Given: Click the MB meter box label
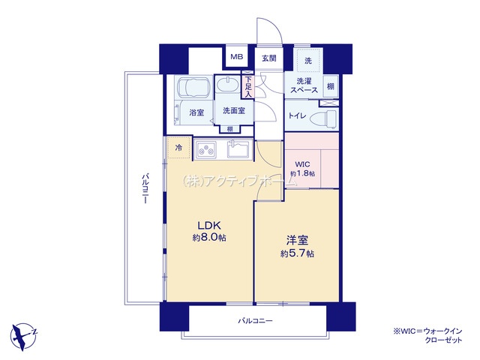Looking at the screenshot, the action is point(237,57).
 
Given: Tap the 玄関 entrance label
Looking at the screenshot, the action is point(269,58).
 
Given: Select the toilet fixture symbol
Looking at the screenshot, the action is point(323,118).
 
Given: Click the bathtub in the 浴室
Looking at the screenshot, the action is point(193,88).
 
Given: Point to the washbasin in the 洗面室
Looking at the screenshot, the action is point(227,84).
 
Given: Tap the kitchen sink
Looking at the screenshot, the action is point(239,150).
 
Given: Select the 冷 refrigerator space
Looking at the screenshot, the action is point(178,148).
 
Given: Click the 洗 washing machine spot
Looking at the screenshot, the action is point(308,60).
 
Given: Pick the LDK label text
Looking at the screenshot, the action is point(209,226).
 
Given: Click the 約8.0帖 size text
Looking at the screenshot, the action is point(209,237).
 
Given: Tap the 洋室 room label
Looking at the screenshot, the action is point(297,241).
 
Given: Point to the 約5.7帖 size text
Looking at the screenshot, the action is point(297,253).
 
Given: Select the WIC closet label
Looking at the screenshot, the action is point(302,164).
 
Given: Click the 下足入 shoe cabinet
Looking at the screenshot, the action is point(248,87).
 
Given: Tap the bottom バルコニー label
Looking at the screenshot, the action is point(255,321).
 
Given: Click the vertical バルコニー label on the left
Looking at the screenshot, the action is point(145,188).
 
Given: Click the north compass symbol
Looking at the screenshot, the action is point(24,337).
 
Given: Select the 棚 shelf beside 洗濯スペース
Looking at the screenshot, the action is point(331,86).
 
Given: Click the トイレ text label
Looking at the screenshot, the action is point(297,115).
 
